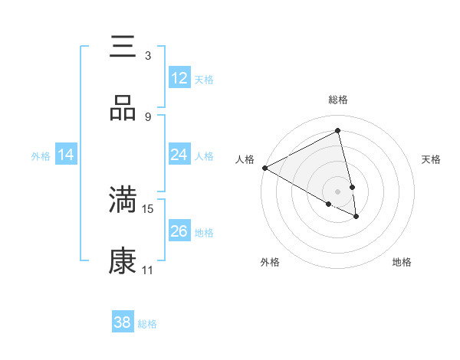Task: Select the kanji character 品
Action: [x=123, y=109]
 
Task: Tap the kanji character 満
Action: [x=123, y=199]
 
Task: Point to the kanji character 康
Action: [x=123, y=260]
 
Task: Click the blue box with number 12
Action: [x=179, y=78]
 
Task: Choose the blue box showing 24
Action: [x=179, y=155]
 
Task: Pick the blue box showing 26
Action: [x=179, y=231]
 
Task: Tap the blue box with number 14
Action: [x=66, y=155]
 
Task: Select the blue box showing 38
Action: [x=123, y=322]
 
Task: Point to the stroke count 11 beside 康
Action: [x=148, y=270]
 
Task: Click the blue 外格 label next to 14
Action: [x=41, y=156]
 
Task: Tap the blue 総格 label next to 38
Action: [x=147, y=323]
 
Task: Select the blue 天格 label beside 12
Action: [x=204, y=79]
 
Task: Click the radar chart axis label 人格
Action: [x=245, y=159]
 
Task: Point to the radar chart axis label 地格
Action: [x=402, y=262]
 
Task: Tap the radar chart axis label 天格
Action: [x=431, y=159]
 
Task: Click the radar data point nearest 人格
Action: [x=264, y=168]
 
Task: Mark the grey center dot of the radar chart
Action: [x=337, y=191]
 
